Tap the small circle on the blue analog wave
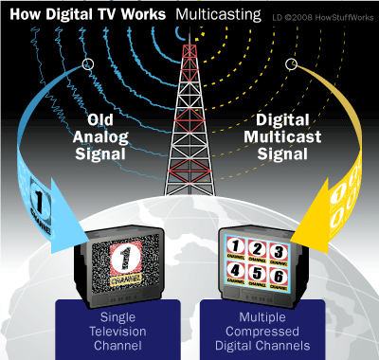[88, 63]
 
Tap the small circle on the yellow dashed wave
[290, 63]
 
